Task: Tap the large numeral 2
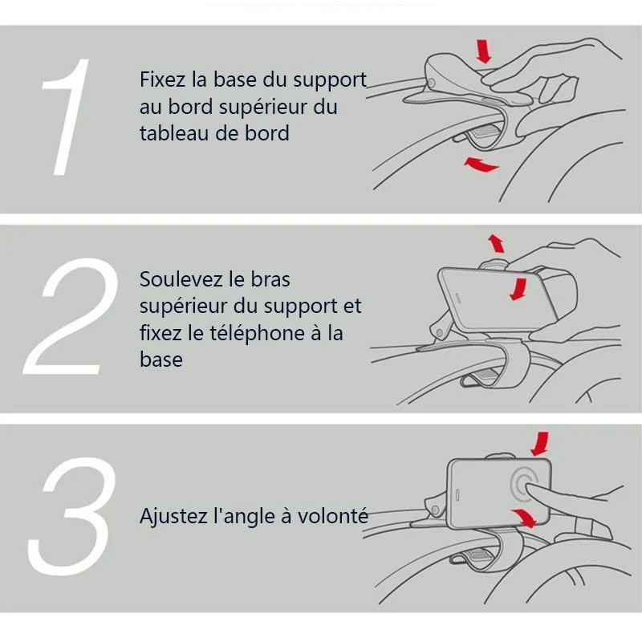[x=71, y=315]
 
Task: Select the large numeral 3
[x=71, y=516]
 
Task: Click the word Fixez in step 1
[x=162, y=79]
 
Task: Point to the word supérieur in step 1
[x=262, y=108]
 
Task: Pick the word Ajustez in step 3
[x=173, y=516]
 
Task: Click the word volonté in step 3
[x=333, y=515]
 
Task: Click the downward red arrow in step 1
[x=484, y=51]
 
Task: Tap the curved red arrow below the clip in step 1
[x=481, y=164]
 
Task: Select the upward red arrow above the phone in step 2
[x=497, y=244]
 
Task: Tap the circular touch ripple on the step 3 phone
[x=525, y=486]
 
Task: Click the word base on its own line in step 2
[x=161, y=360]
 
